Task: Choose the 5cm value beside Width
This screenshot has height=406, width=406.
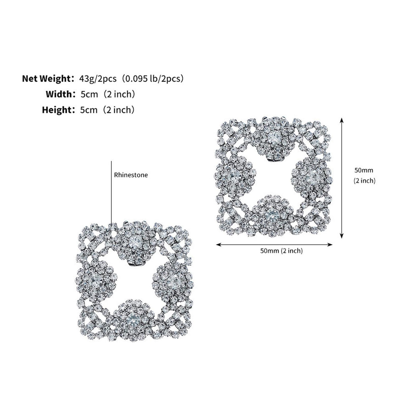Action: [x=89, y=94]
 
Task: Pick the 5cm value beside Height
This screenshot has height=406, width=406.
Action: [x=88, y=110]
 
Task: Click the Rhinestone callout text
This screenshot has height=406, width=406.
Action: [x=131, y=175]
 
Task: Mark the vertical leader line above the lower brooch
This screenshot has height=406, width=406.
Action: [x=111, y=192]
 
